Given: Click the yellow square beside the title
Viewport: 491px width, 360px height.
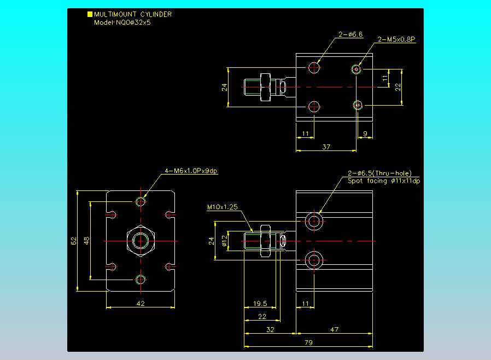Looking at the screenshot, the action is click(90, 14).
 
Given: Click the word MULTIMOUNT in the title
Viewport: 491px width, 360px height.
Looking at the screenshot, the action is click(115, 14).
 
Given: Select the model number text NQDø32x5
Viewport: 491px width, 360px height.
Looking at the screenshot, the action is click(133, 22).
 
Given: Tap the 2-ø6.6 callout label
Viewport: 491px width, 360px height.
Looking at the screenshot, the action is click(350, 34).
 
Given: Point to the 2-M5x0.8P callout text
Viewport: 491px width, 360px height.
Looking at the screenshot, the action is click(396, 39).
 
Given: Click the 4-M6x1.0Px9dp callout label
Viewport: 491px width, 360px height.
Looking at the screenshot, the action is click(191, 171).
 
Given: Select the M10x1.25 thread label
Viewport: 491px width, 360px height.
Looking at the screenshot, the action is click(223, 207).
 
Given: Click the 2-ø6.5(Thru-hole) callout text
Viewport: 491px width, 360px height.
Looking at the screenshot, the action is click(380, 173).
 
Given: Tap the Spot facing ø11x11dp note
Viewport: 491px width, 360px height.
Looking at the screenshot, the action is click(384, 181).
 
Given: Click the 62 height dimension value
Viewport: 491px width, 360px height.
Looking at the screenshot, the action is click(74, 241).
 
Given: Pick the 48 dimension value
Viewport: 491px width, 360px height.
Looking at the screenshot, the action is click(87, 241).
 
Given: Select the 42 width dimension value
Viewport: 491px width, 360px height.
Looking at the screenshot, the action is click(141, 303).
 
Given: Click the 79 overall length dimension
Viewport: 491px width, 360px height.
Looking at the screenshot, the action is click(308, 342).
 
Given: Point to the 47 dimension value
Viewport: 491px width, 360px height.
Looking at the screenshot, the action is click(334, 329).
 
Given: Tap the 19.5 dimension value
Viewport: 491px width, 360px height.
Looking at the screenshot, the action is click(260, 303).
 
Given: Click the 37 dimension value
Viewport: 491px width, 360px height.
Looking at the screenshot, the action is click(326, 147).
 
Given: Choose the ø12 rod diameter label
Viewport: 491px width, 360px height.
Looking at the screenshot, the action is click(224, 241).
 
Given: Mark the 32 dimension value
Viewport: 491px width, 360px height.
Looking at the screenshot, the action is click(270, 329).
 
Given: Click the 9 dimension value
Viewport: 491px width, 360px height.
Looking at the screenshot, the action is click(365, 134).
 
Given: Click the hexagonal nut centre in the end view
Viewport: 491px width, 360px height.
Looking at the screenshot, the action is click(141, 241).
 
